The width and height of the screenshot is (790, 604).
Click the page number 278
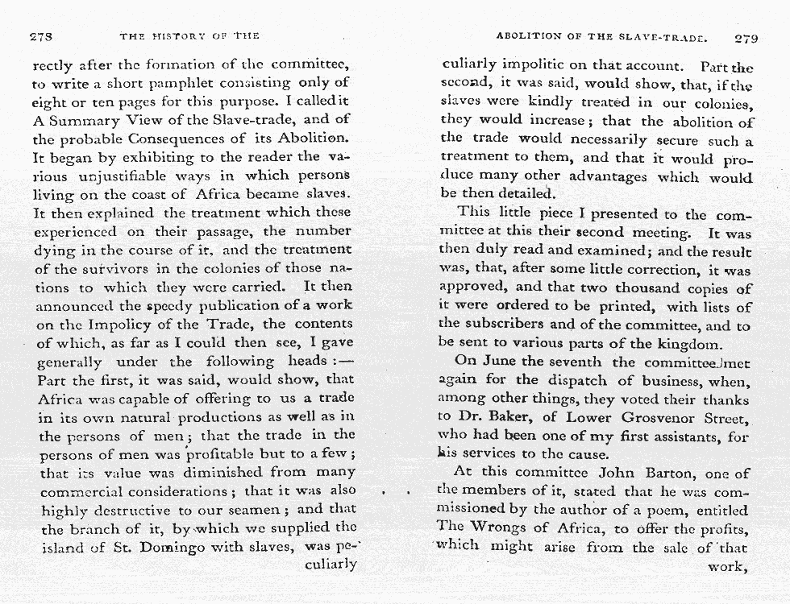coord(41,36)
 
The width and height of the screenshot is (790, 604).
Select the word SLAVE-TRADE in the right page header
coord(660,36)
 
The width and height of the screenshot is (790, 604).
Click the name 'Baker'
coord(510,417)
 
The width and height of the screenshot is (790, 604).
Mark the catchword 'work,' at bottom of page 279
coord(726,567)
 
